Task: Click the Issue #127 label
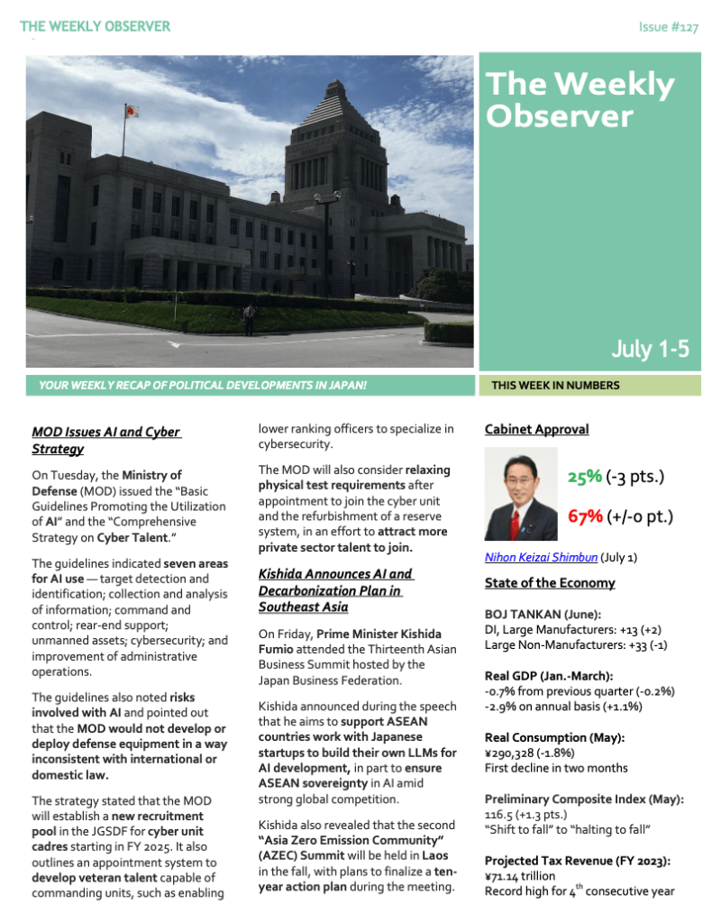point(668,27)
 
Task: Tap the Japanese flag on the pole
point(132,112)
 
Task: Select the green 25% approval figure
point(585,477)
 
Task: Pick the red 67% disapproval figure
point(585,516)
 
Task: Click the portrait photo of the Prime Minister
point(520,495)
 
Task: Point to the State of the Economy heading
point(550,583)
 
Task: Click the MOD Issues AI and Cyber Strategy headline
point(105,440)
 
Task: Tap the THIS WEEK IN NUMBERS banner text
point(555,386)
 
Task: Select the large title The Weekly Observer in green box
point(580,99)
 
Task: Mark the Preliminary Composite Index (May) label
point(583,799)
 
